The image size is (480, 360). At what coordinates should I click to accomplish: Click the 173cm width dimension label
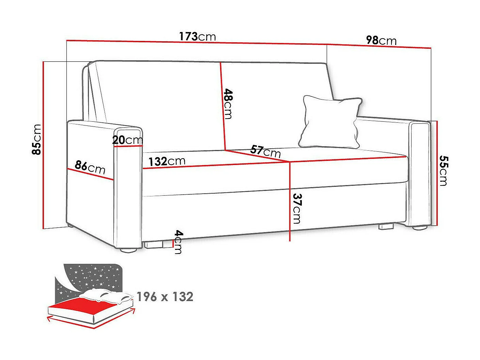click(x=198, y=36)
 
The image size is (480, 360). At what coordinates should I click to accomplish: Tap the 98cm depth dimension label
click(x=381, y=41)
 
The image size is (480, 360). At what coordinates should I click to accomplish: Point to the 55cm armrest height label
click(x=443, y=170)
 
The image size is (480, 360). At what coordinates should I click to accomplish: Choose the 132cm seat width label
click(x=167, y=161)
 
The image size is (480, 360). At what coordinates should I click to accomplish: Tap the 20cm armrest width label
click(x=128, y=140)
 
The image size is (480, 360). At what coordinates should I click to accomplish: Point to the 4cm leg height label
click(x=178, y=242)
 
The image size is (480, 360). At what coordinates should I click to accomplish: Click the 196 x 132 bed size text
click(x=165, y=297)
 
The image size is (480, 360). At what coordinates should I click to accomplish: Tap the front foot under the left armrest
click(x=128, y=250)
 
